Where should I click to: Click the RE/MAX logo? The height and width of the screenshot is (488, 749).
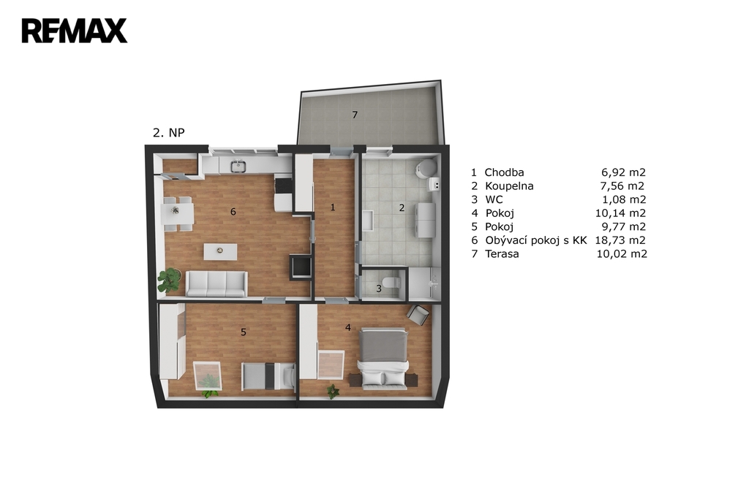[x=75, y=31]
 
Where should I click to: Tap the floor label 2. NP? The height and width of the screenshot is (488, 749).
[x=169, y=133]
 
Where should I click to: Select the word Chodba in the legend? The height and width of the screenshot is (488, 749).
[x=504, y=172]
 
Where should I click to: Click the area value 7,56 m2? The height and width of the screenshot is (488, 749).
[x=622, y=186]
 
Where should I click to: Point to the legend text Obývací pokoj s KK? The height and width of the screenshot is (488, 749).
[x=536, y=240]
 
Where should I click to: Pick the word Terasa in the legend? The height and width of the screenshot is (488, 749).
[x=502, y=253]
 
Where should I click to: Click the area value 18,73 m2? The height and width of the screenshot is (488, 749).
[x=620, y=240]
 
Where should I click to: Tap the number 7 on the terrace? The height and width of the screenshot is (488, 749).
[x=355, y=115]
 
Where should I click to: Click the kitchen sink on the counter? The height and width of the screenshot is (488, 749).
[x=238, y=166]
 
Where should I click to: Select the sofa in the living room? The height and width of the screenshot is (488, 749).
[x=217, y=284]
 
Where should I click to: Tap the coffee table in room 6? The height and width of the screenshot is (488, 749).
[x=220, y=252]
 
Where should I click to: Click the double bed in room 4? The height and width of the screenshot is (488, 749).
[x=383, y=358]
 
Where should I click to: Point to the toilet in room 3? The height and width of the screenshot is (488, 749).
[x=392, y=282]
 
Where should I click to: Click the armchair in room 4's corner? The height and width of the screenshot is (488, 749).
[x=418, y=314]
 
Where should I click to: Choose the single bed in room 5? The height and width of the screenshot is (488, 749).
[x=269, y=376]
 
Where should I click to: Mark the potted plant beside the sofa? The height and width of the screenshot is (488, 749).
[x=169, y=280]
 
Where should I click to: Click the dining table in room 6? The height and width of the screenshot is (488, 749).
[x=178, y=213]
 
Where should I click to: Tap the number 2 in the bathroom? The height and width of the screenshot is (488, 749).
[x=402, y=207]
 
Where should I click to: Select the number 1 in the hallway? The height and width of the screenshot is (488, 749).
[x=333, y=207]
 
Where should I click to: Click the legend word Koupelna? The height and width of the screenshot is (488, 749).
[x=509, y=186]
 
